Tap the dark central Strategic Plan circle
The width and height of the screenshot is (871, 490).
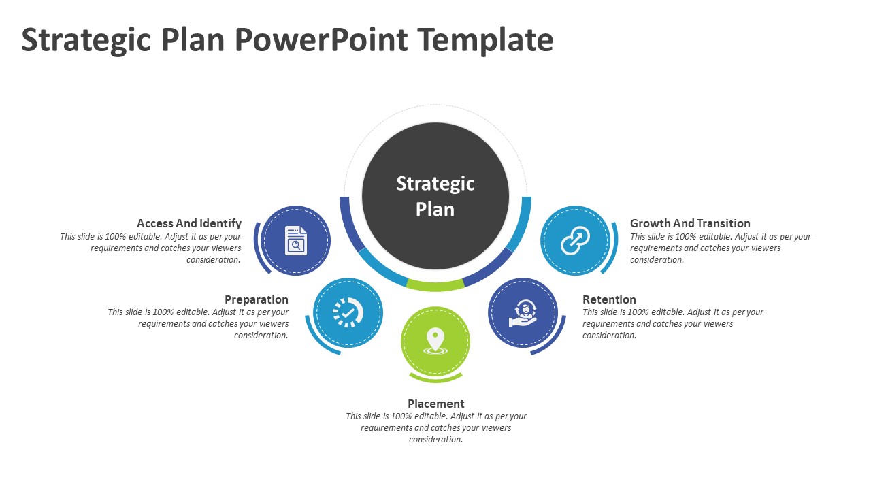(x=435, y=196)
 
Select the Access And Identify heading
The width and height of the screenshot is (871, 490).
(x=189, y=223)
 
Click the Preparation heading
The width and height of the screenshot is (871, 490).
(x=257, y=299)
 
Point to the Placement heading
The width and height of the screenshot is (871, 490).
(x=436, y=404)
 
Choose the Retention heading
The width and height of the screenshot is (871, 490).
(x=609, y=299)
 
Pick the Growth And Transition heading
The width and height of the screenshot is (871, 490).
(x=690, y=223)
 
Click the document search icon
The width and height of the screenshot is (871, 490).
(x=296, y=240)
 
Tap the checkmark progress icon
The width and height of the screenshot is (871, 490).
(x=348, y=312)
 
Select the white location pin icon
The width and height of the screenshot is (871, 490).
(x=435, y=340)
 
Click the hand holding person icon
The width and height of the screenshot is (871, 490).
(x=523, y=313)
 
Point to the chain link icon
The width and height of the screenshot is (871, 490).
(x=575, y=241)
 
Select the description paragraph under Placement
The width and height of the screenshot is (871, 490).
(x=436, y=427)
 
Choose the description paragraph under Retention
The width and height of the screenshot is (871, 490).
(x=672, y=323)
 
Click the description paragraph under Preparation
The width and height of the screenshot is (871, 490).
(x=199, y=323)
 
